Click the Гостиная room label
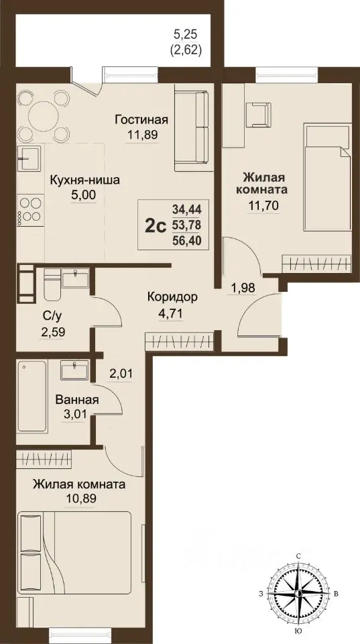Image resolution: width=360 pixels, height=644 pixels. pyautogui.click(x=141, y=120)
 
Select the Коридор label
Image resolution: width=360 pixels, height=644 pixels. pyautogui.click(x=172, y=296)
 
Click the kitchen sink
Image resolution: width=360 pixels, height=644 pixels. pyautogui.click(x=29, y=160)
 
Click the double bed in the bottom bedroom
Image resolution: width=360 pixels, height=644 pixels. pyautogui.click(x=74, y=551)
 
